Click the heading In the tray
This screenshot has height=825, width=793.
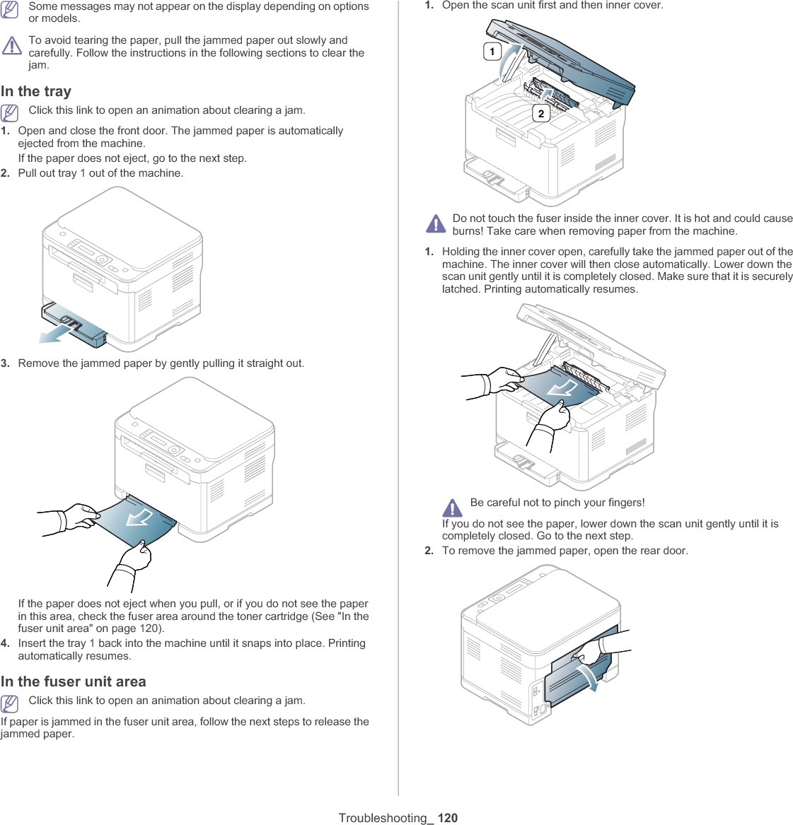[36, 91]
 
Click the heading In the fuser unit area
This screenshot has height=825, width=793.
[74, 681]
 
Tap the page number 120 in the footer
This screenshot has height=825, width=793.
[448, 818]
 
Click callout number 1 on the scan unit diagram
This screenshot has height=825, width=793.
[492, 51]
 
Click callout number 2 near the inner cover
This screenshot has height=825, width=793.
[541, 113]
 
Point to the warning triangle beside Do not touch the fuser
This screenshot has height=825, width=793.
[436, 224]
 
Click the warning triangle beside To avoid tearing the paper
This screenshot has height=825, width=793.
[11, 46]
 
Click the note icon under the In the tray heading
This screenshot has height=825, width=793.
[10, 112]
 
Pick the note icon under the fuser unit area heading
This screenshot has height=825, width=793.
[10, 703]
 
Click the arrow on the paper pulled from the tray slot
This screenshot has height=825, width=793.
[139, 518]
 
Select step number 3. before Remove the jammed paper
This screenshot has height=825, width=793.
[6, 363]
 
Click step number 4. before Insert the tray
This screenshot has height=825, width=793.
[6, 643]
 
